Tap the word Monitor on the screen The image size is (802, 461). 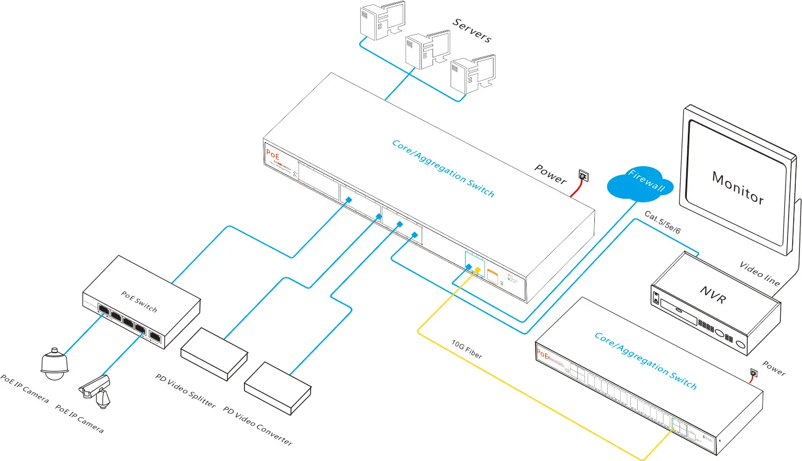pyautogui.click(x=737, y=188)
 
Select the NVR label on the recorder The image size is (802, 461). pyautogui.click(x=713, y=294)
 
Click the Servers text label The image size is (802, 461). pyautogui.click(x=472, y=30)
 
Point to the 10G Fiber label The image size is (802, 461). pyautogui.click(x=467, y=349)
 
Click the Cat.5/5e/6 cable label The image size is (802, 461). pyautogui.click(x=662, y=222)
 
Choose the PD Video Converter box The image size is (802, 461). pyautogui.click(x=277, y=388)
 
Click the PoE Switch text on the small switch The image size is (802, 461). pyautogui.click(x=139, y=301)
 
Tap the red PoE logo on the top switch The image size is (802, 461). pyautogui.click(x=273, y=154)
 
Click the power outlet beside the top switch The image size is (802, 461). pyautogui.click(x=583, y=177)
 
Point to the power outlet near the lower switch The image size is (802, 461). pyautogui.click(x=753, y=373)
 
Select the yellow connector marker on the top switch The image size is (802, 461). pyautogui.click(x=477, y=269)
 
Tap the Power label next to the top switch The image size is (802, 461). pyautogui.click(x=550, y=174)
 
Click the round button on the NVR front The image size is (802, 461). pyautogui.click(x=741, y=345)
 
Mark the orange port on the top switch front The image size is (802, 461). pyautogui.click(x=492, y=277)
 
